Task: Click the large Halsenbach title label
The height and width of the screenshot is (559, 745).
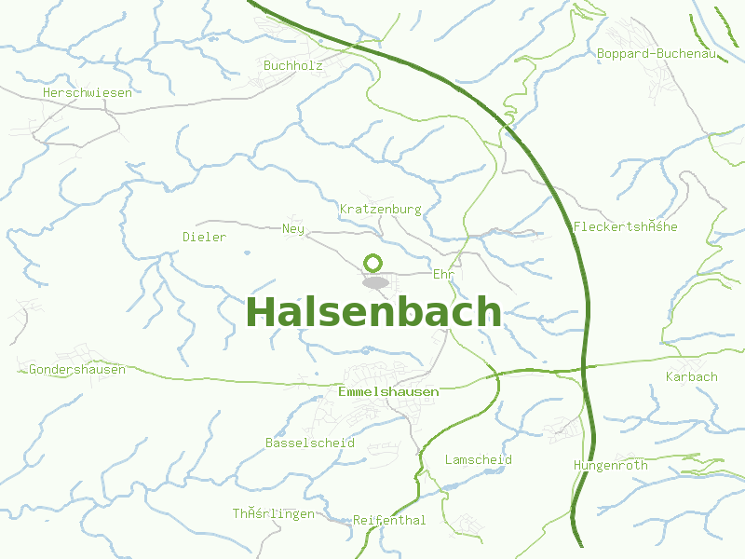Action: tap(372, 313)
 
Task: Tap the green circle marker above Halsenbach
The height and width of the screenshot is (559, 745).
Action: tap(373, 263)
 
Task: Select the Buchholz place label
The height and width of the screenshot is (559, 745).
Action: tap(292, 66)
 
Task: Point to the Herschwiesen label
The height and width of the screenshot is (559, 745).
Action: tap(88, 92)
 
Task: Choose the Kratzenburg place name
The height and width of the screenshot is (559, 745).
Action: tap(381, 209)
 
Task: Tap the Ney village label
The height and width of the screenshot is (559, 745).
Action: tap(293, 228)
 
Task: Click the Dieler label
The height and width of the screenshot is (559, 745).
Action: tap(204, 237)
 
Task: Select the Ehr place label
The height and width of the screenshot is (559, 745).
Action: tap(442, 274)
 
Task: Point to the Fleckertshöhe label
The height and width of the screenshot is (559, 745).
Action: tap(626, 227)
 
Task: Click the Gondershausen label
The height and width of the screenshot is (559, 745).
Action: tap(77, 369)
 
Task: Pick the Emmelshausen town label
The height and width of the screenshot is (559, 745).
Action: tap(389, 392)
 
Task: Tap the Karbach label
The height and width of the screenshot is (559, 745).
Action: tap(692, 376)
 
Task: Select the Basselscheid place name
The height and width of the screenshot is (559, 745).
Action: tap(310, 443)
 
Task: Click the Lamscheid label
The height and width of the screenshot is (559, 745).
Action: tap(479, 459)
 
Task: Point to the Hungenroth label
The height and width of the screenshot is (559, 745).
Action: tap(611, 465)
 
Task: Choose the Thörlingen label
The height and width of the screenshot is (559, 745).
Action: tap(274, 513)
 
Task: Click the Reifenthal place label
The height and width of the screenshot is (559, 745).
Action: tap(389, 520)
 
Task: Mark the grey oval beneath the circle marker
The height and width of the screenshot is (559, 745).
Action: tap(375, 282)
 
